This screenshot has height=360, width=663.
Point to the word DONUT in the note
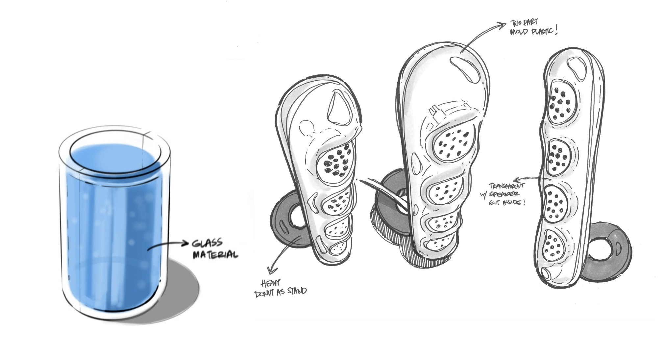pyautogui.click(x=266, y=294)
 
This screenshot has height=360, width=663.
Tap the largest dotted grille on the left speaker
pyautogui.click(x=336, y=163)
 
